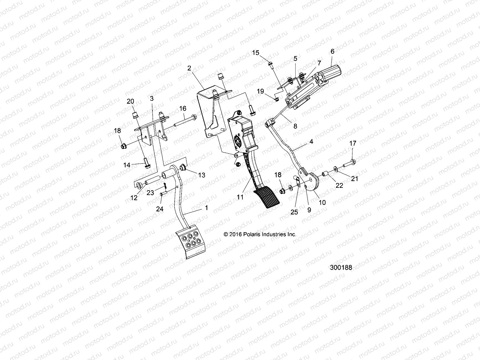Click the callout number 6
332,51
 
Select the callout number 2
197,68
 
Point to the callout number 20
130,101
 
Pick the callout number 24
160,209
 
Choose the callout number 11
240,197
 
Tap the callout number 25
294,212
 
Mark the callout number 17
353,144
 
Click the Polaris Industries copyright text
260,234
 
